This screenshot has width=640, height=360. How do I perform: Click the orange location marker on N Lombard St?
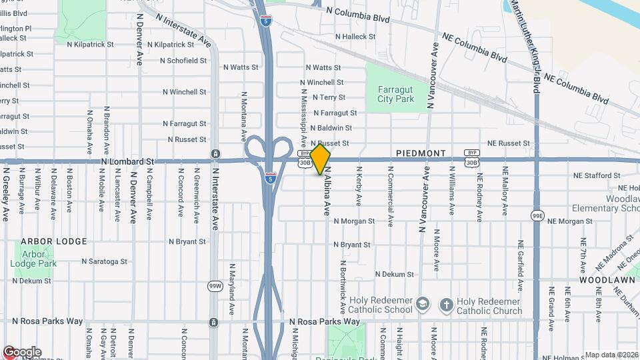(321, 159)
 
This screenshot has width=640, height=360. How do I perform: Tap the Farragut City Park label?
(396, 94)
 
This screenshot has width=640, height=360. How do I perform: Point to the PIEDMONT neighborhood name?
(421, 153)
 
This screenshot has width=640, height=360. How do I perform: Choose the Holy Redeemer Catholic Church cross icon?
(447, 305)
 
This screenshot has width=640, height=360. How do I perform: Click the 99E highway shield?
(537, 216)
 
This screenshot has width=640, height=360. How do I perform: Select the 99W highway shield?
(215, 286)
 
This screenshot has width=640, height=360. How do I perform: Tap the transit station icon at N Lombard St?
(215, 153)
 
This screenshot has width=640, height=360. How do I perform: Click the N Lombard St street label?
(127, 161)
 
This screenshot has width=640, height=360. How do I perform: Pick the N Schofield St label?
(183, 61)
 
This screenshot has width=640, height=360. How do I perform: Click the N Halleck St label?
(356, 37)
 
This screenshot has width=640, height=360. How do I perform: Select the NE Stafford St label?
(597, 176)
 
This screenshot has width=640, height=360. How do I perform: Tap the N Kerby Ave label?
(359, 191)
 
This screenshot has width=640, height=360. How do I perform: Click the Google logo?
(22, 352)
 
